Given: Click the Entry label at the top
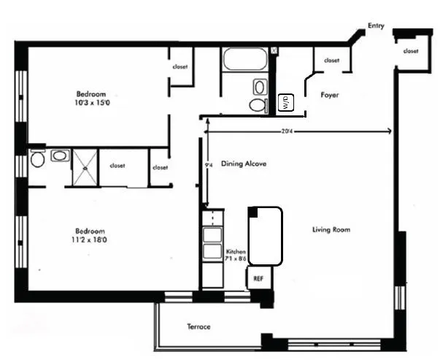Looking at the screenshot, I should coord(376,26).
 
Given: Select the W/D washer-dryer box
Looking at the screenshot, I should coord(285,102).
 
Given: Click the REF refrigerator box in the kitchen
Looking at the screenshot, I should coord(258,278).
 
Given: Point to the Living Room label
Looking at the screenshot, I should coord(331,230).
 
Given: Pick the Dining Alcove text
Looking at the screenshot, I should coord(244,164).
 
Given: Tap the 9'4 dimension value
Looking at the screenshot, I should coord(209,166).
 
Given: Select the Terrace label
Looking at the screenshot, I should coord(198,326).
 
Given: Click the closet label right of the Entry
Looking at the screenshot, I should coord(411,51).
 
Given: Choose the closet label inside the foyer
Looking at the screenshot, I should coord(331,61).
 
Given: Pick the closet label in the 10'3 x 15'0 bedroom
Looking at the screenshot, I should coord(180,67).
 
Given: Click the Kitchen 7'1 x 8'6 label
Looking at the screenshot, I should coord(236,255).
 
